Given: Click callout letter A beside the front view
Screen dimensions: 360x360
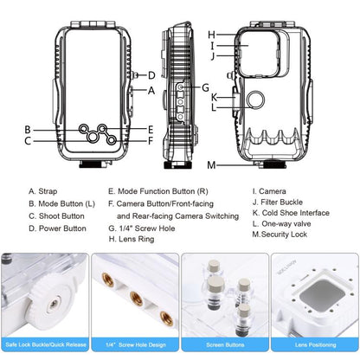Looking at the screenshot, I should pos(152,90).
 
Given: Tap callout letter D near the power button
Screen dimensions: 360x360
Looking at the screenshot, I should pos(152,75).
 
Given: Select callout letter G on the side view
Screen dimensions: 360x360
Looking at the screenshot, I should pos(205,87).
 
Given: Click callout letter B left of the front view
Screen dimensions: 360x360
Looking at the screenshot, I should pos(28,129).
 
